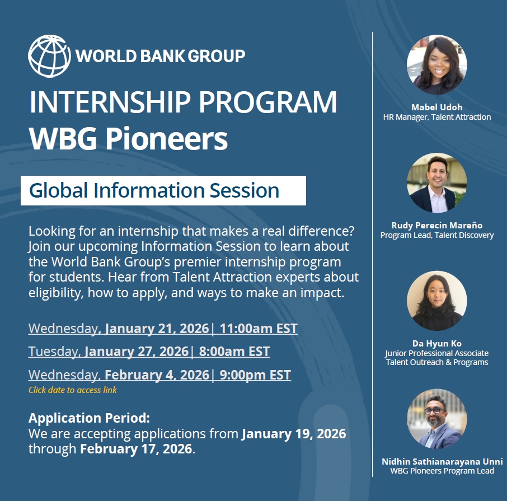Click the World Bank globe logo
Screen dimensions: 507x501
(x=49, y=56)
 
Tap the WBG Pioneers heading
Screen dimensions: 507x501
(x=128, y=139)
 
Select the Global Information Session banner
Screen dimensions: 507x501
(x=163, y=190)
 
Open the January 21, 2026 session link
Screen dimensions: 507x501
(x=163, y=329)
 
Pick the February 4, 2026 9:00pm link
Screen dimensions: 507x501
(x=159, y=375)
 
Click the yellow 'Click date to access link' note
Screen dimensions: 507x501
(x=73, y=390)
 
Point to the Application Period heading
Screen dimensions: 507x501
(x=89, y=418)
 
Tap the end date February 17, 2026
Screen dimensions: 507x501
(x=136, y=449)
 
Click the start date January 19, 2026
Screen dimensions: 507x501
(x=294, y=434)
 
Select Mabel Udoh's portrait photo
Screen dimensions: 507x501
(x=437, y=65)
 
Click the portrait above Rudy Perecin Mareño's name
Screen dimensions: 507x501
(x=437, y=182)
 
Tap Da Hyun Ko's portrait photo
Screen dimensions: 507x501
(x=437, y=301)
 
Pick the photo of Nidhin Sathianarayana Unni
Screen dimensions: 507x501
(x=437, y=419)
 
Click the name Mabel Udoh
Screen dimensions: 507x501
(x=437, y=107)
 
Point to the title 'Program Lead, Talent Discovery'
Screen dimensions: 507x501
(x=437, y=235)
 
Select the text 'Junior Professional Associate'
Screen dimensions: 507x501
(x=437, y=353)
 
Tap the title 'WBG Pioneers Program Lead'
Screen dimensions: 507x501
(x=442, y=471)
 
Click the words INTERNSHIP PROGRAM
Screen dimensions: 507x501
(x=183, y=102)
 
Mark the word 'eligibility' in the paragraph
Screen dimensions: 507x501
(x=56, y=293)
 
